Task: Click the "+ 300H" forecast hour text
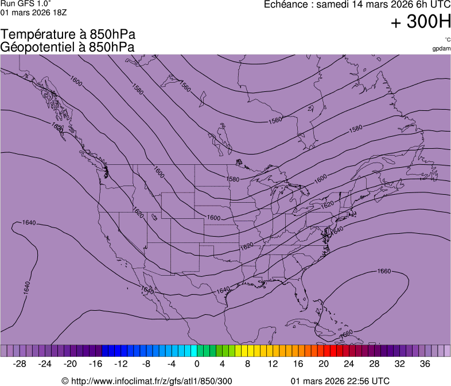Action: pos(421,22)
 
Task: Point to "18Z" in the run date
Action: pos(63,13)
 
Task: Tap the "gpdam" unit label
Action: pos(441,48)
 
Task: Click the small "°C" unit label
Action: pos(447,40)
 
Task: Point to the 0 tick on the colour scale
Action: pos(197,364)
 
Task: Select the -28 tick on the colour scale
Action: pos(20,364)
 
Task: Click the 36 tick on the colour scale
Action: pos(425,364)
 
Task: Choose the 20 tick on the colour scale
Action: pos(323,364)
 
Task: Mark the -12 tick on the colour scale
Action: pos(121,364)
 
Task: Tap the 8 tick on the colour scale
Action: pos(247,364)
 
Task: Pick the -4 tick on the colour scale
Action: pos(172,364)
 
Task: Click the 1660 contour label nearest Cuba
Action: pos(346,333)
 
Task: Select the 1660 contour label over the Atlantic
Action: pos(384,271)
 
